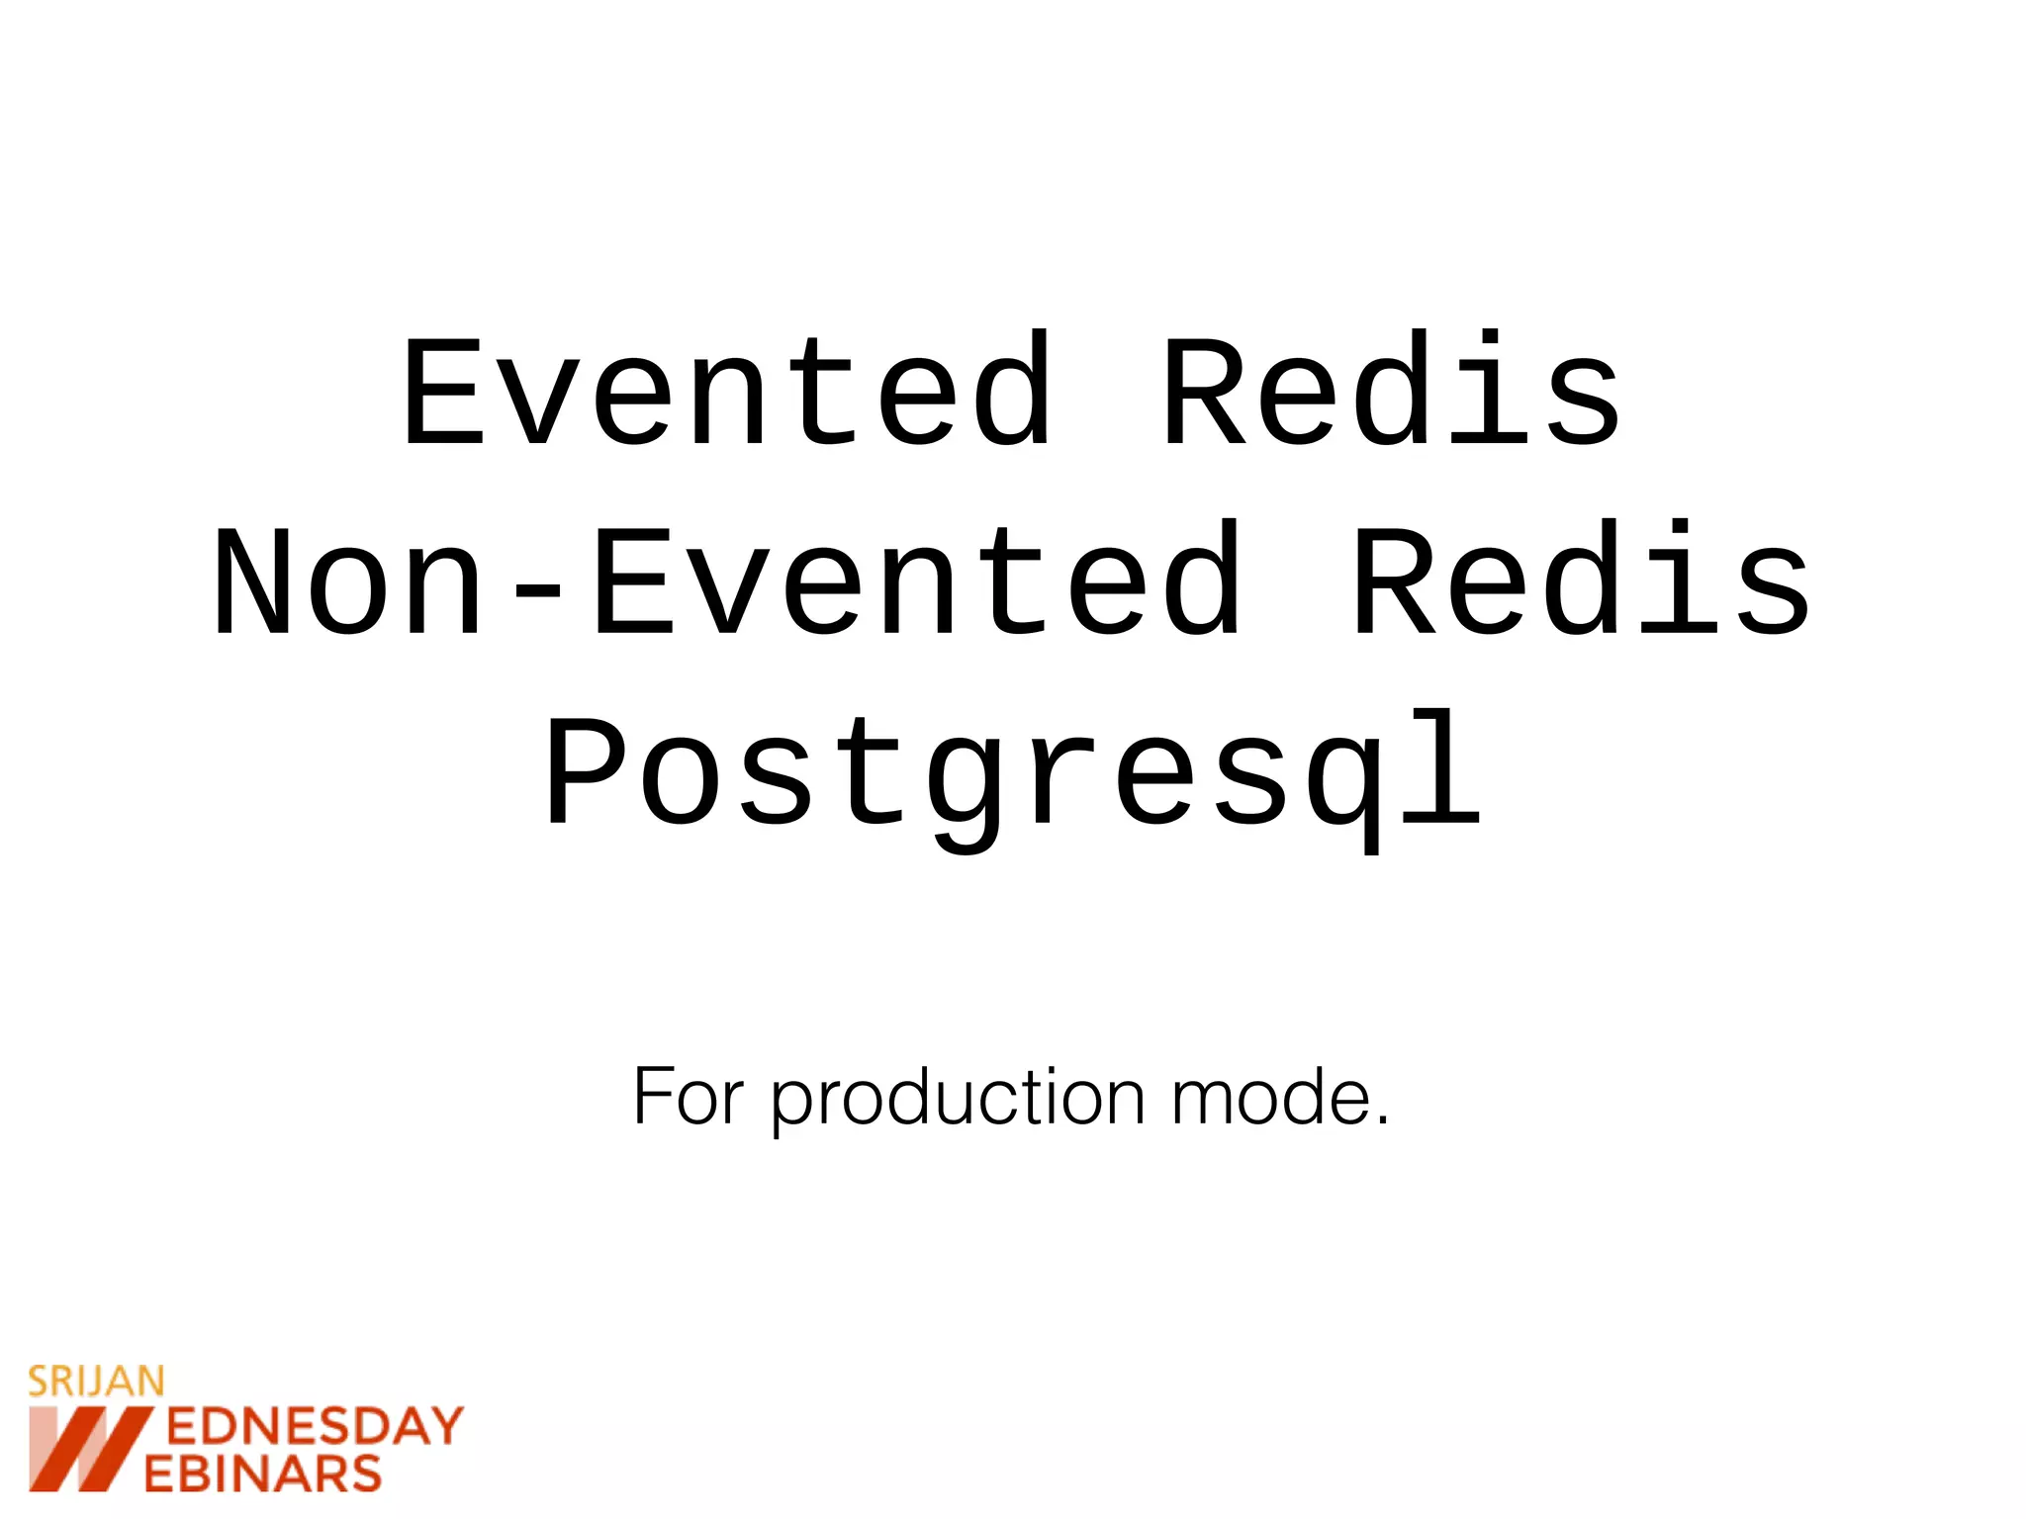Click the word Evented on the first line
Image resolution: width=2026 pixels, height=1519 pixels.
point(727,391)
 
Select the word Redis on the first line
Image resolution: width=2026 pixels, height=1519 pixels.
point(1392,391)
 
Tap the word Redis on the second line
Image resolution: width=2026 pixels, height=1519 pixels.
point(1582,581)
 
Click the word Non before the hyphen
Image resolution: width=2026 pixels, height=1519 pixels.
point(348,581)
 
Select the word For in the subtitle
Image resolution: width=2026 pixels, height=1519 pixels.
point(688,1097)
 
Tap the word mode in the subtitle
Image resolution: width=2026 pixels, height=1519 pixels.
point(1270,1097)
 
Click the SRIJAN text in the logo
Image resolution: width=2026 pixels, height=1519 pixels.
point(96,1382)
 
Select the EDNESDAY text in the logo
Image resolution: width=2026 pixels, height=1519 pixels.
point(315,1427)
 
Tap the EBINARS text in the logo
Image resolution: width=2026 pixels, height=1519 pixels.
point(263,1474)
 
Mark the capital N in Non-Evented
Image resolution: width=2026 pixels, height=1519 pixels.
point(253,581)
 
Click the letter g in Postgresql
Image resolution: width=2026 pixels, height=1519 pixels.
point(966,786)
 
